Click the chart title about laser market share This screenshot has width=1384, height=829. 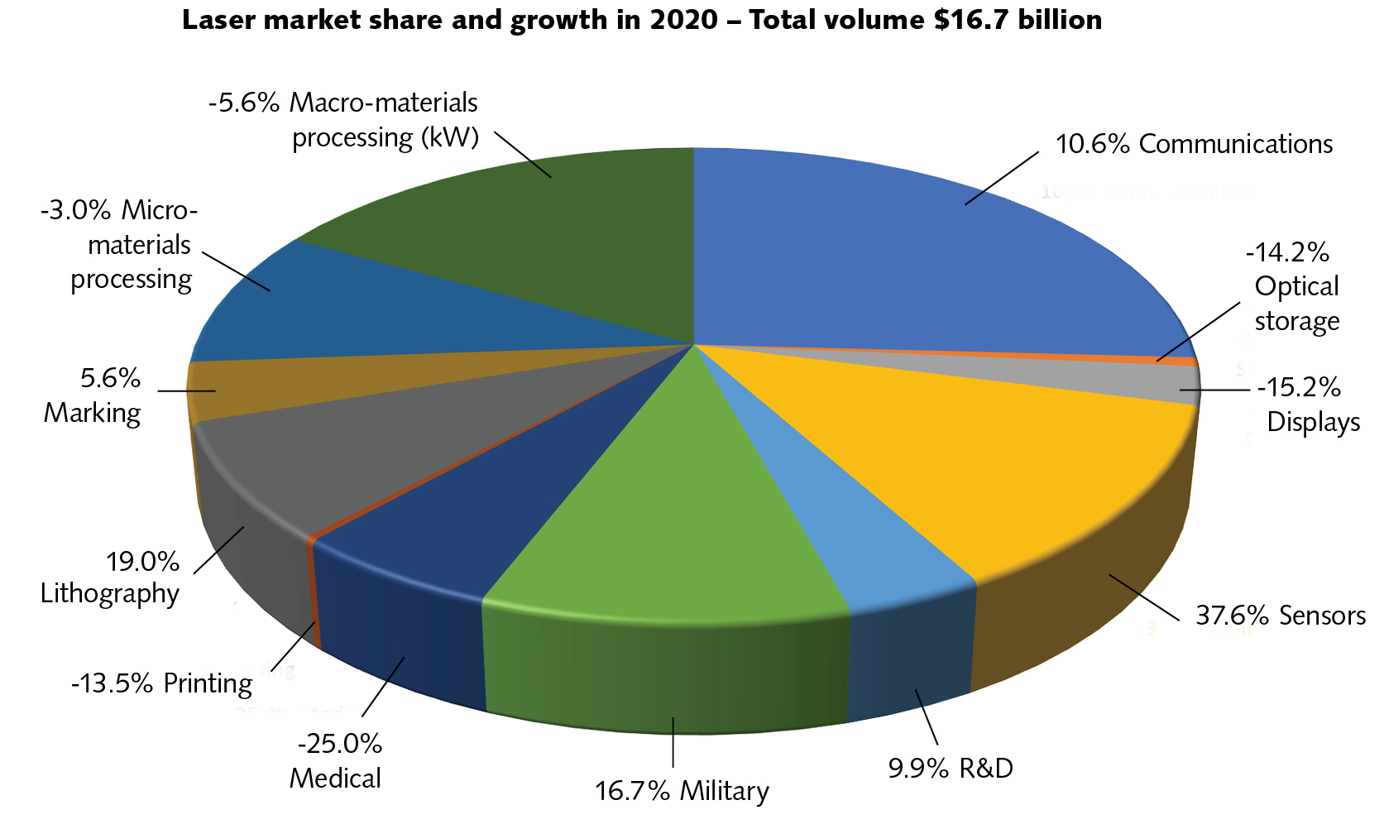pos(641,20)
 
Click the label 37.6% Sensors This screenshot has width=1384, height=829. pos(1281,616)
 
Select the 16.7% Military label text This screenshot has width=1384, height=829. pos(682,791)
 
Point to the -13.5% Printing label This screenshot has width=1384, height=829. pos(161,683)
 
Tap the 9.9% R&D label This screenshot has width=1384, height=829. pos(951,769)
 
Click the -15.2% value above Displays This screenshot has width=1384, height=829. pos(1299,387)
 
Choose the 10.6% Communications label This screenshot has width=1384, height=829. pos(1194,144)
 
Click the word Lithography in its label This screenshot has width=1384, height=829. pos(110,593)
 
